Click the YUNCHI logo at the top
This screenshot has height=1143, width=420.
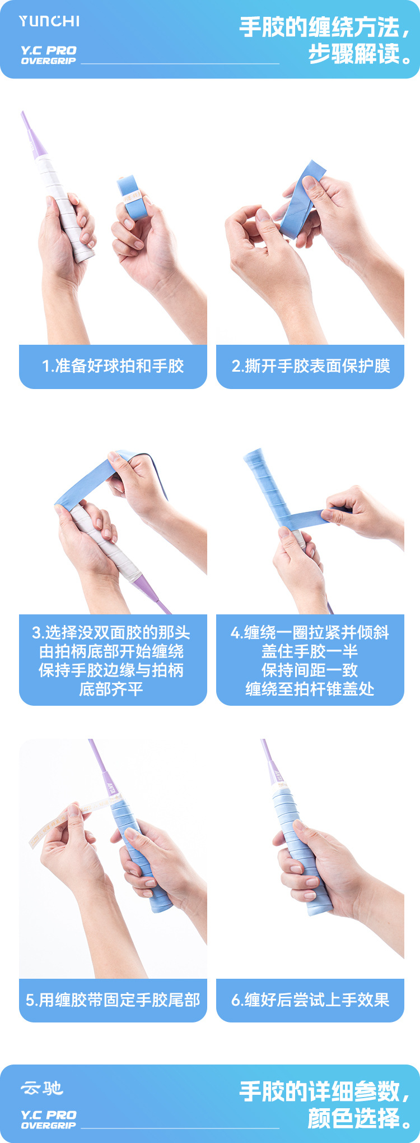[x=49, y=21]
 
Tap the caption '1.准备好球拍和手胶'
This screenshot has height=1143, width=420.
[x=113, y=366]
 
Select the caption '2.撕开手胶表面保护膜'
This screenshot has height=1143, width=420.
[x=311, y=366]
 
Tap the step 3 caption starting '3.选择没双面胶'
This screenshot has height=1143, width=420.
[x=111, y=660]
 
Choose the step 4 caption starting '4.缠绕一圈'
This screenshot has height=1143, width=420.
[x=310, y=660]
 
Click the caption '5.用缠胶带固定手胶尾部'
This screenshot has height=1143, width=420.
[x=113, y=1000]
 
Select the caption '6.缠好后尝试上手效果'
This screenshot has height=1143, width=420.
[x=310, y=1000]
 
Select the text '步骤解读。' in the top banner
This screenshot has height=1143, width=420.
[x=359, y=54]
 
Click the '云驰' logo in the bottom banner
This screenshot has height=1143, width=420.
[x=42, y=1089]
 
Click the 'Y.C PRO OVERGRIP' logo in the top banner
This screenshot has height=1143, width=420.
[x=48, y=55]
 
